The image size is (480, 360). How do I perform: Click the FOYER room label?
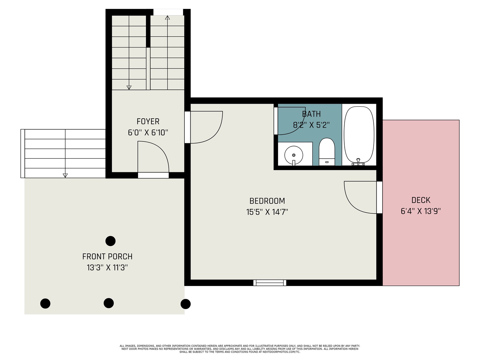click(148, 121)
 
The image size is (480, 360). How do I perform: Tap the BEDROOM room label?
click(267, 201)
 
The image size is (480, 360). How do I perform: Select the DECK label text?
click(421, 200)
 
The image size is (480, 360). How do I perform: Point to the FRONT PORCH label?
click(107, 257)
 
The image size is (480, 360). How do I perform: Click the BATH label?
click(311, 114)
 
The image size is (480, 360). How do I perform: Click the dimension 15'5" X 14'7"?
click(267, 212)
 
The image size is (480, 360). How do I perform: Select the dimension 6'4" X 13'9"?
click(421, 211)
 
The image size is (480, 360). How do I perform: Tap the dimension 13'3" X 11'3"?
click(107, 267)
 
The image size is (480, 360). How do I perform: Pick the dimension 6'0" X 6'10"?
click(148, 133)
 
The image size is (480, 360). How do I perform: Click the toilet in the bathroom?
click(327, 152)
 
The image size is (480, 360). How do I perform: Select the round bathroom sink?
click(293, 155)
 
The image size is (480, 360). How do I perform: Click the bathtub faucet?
click(358, 162)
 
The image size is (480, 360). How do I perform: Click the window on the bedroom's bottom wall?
click(270, 283)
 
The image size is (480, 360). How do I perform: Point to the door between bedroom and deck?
click(379, 197)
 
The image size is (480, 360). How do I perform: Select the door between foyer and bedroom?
click(188, 127)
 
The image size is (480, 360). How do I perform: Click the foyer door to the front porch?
click(153, 175)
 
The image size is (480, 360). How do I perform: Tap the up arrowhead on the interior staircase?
click(167, 18)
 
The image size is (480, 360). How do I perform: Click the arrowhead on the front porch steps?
click(65, 175)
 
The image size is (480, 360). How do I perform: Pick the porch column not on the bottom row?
click(110, 241)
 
